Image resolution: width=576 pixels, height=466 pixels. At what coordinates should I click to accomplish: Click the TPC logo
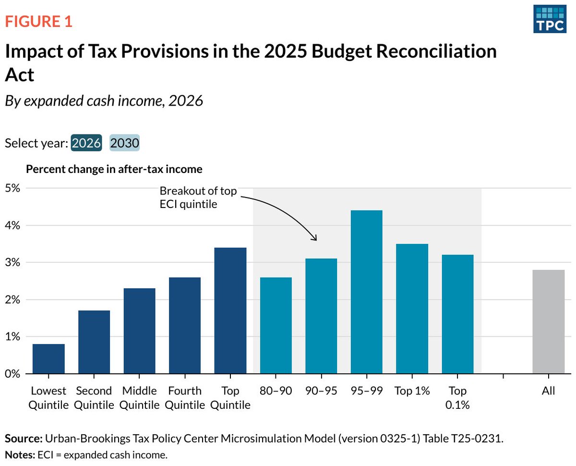(x=549, y=20)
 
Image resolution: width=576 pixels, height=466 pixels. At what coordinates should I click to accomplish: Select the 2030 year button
(x=125, y=143)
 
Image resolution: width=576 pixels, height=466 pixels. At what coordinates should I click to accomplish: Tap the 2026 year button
(x=86, y=143)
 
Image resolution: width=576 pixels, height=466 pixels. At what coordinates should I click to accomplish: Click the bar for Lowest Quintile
(x=48, y=358)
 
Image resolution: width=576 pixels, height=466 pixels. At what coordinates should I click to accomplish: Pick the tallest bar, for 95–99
(x=367, y=292)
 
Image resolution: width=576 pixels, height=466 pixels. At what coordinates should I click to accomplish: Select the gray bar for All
(x=548, y=321)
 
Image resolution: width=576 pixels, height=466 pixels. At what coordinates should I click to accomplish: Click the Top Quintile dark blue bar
(x=230, y=310)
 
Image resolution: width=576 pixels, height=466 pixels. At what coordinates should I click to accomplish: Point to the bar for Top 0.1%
(x=457, y=314)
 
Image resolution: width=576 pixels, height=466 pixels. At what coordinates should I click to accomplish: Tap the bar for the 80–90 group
(x=276, y=325)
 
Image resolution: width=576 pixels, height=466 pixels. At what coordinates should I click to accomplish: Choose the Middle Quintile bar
(x=140, y=331)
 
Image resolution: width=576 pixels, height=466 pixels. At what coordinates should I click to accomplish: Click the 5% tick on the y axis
(x=12, y=188)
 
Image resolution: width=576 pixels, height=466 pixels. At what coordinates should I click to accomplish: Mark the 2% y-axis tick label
(x=12, y=299)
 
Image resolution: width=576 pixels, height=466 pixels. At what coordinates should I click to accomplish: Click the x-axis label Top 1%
(x=412, y=391)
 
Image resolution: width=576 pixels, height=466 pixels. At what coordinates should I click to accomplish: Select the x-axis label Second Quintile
(x=94, y=398)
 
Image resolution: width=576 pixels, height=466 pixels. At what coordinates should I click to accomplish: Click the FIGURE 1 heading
(x=38, y=22)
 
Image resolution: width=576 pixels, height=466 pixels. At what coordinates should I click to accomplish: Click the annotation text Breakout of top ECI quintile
(x=198, y=197)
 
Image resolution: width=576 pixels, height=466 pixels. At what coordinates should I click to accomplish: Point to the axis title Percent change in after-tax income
(x=114, y=169)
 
